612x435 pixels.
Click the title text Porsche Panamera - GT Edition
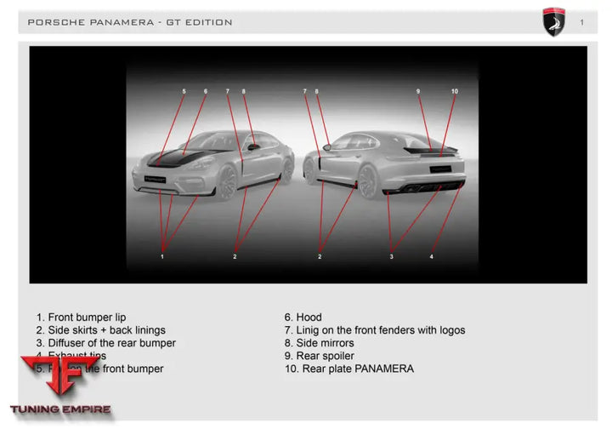130,22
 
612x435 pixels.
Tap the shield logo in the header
554,21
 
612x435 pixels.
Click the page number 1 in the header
582,22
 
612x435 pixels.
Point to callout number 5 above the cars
184,91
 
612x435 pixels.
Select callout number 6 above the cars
205,91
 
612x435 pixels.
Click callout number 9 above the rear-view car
418,91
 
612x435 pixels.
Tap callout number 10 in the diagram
455,91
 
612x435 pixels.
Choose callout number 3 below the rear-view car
391,255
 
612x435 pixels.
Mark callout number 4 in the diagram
431,255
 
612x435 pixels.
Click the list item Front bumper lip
81,318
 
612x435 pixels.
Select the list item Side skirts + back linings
100,330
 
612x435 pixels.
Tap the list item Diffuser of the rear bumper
105,343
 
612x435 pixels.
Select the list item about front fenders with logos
375,330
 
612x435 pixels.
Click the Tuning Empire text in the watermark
60,409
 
